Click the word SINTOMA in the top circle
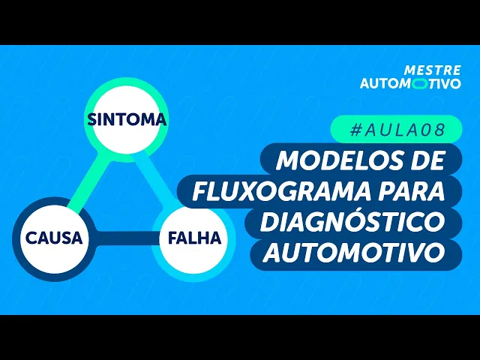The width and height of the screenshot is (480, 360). point(126,119)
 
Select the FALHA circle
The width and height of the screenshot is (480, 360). point(194,239)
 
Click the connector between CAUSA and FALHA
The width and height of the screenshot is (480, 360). point(123,238)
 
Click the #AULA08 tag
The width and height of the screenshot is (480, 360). point(397,130)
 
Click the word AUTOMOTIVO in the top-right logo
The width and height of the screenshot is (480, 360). point(410,83)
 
